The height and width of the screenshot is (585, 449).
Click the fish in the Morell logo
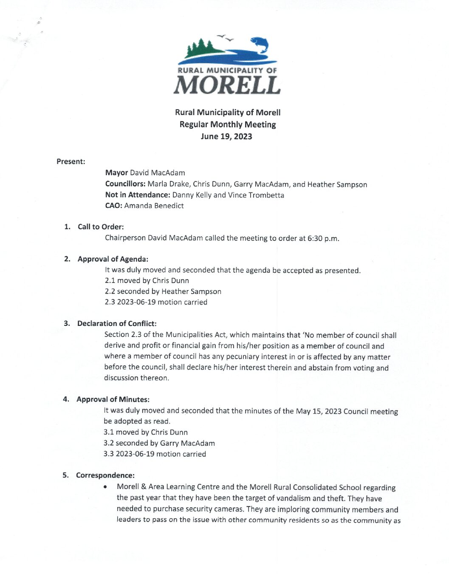click(260, 44)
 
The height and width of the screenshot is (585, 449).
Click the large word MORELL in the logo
click(227, 85)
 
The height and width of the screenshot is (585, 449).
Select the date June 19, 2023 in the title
click(226, 136)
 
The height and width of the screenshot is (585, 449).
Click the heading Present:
click(71, 161)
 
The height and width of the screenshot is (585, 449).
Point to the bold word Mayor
click(116, 172)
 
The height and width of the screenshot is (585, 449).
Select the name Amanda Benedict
click(154, 206)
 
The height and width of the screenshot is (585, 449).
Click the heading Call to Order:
click(101, 227)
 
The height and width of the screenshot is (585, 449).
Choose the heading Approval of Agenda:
click(113, 259)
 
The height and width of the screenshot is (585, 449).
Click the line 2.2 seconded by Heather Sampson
click(163, 291)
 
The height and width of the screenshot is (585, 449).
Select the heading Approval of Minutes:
click(113, 399)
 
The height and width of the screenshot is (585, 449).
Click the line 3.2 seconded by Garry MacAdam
click(159, 443)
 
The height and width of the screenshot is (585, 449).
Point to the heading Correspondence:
click(105, 475)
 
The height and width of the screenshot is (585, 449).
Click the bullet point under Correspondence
click(105, 487)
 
